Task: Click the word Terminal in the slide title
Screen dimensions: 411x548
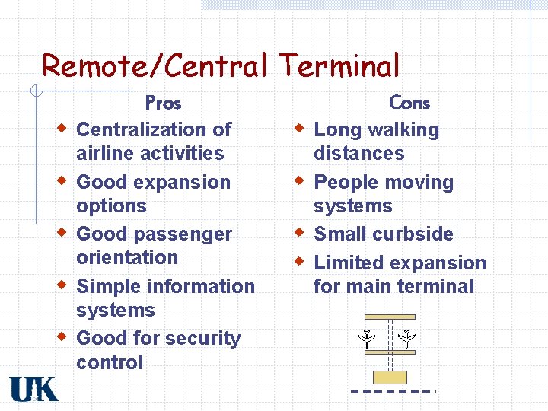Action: click(339, 66)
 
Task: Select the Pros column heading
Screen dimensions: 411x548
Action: click(163, 102)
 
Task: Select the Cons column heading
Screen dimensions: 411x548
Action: click(409, 102)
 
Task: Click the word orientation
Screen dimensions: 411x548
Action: click(127, 258)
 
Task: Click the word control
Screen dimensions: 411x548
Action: click(110, 362)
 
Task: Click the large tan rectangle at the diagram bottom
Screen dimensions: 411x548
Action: click(390, 377)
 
